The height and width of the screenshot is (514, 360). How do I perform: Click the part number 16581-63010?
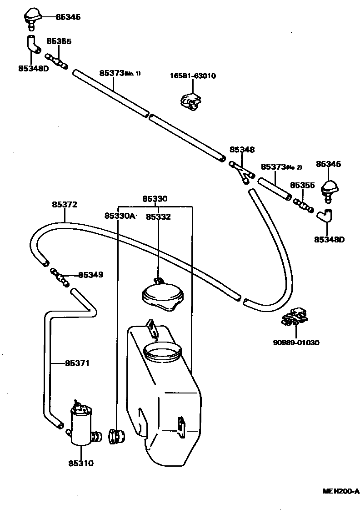[x=193, y=76]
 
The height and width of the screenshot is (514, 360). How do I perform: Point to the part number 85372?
[x=64, y=205]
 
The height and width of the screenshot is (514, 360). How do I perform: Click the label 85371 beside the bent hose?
[x=77, y=363]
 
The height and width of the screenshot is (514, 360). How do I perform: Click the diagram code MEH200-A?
[x=341, y=491]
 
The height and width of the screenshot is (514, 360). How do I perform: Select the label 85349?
[x=90, y=275]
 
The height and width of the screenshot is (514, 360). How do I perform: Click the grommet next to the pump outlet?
[x=116, y=437]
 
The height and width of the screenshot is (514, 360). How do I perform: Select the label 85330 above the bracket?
[x=155, y=199]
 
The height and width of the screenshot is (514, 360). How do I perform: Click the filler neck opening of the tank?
[x=162, y=352]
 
